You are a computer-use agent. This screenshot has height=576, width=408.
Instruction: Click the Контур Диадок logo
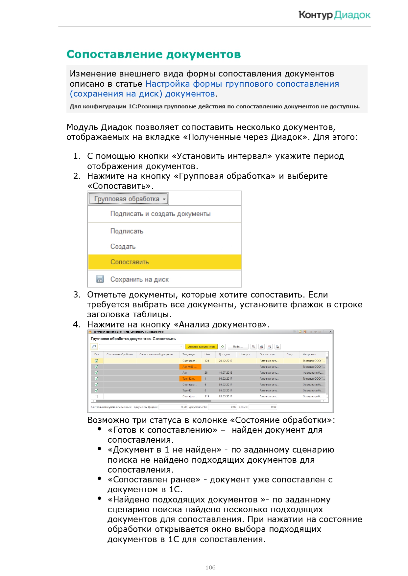pyautogui.click(x=334, y=15)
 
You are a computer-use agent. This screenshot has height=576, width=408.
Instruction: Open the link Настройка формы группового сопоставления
pyautogui.click(x=242, y=84)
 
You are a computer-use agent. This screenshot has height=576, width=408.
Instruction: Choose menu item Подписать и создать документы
pyautogui.click(x=160, y=214)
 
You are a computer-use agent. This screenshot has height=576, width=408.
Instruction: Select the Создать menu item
pyautogui.click(x=123, y=247)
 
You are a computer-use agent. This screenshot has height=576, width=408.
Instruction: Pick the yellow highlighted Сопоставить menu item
pyautogui.click(x=130, y=262)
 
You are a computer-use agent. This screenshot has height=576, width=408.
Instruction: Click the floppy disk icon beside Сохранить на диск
pyautogui.click(x=100, y=279)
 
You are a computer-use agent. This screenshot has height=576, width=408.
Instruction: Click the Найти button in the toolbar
pyautogui.click(x=237, y=347)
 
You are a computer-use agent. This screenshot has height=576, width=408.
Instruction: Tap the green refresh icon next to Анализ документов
pyautogui.click(x=223, y=347)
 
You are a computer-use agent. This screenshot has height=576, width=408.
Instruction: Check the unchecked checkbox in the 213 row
pyautogui.click(x=96, y=397)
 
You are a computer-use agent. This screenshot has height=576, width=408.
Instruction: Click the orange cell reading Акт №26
pyautogui.click(x=190, y=367)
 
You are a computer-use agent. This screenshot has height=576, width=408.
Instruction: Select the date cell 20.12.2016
pyautogui.click(x=225, y=361)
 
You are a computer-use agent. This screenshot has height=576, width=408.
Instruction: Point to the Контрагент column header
pyautogui.click(x=309, y=355)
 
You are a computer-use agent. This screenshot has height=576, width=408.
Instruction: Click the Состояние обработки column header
pyautogui.click(x=119, y=355)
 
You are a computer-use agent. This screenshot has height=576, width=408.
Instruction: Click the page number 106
pyautogui.click(x=210, y=567)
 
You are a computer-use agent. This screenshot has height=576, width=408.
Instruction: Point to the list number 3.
pyautogui.click(x=77, y=295)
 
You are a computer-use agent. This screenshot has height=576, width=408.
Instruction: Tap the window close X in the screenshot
pyautogui.click(x=330, y=332)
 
